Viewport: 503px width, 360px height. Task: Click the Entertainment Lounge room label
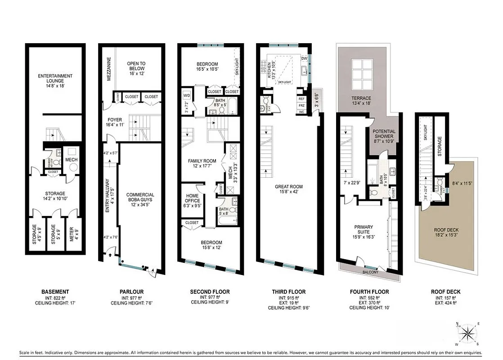[55, 79]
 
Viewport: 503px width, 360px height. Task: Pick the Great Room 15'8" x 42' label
[289, 189]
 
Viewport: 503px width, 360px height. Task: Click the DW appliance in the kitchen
[304, 58]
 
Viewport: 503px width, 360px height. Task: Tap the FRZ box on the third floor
[301, 105]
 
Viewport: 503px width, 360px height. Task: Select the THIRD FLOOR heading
[286, 292]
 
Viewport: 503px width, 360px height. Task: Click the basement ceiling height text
[55, 303]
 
